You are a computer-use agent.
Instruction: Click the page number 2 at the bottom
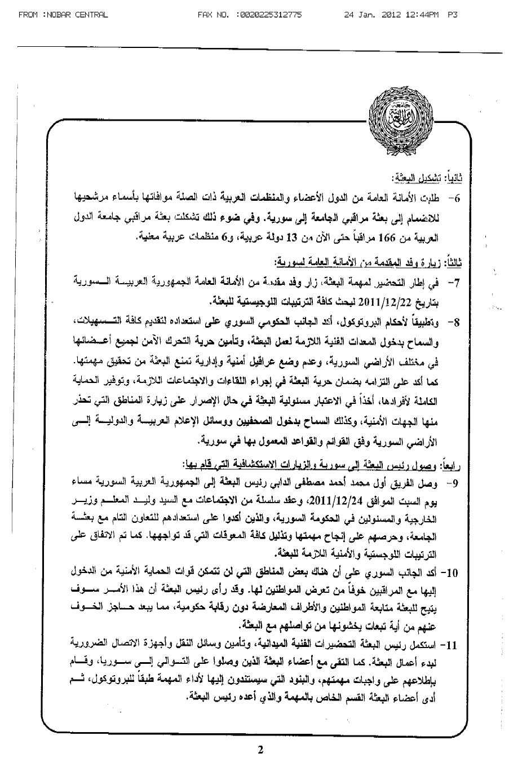point(260,750)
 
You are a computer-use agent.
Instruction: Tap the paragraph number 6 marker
point(457,199)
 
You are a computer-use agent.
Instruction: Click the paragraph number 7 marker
point(457,280)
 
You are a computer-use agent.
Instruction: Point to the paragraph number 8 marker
point(457,322)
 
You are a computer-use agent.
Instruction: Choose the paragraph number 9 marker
point(457,484)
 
